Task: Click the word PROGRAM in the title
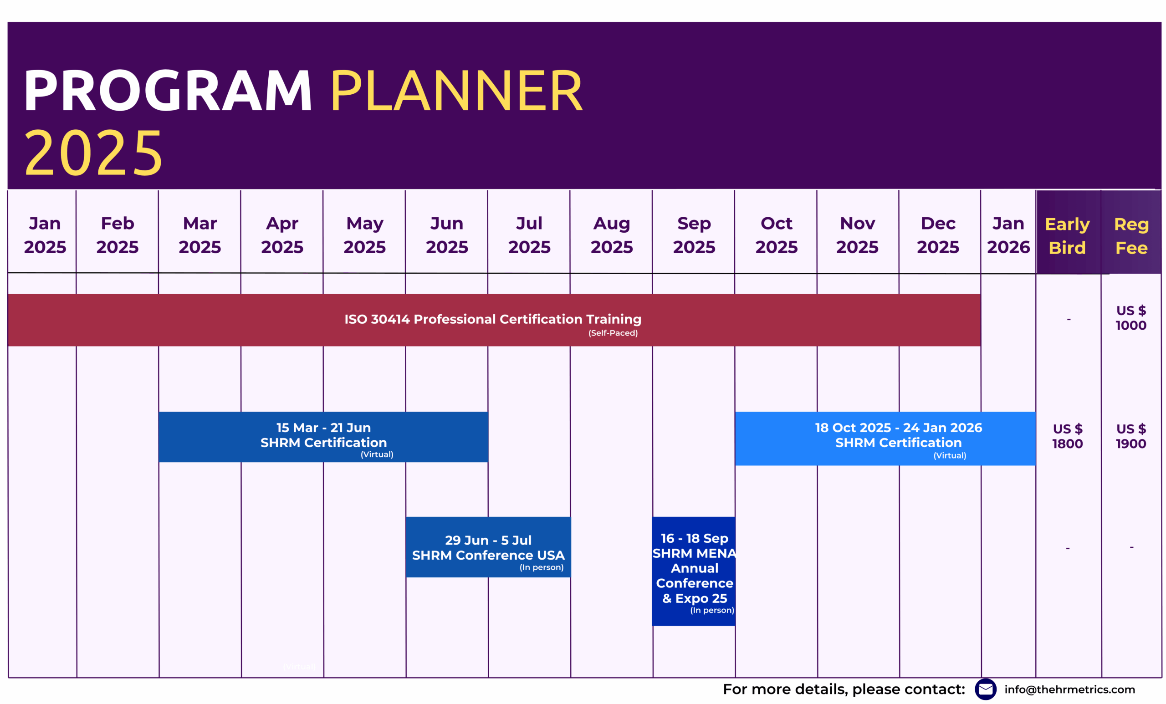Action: (x=168, y=90)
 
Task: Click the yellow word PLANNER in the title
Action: (x=456, y=90)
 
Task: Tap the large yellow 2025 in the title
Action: (x=93, y=153)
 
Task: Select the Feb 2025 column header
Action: (x=118, y=235)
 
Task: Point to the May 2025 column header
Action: (x=364, y=235)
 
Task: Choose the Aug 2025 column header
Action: (x=611, y=235)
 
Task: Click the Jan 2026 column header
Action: (x=1008, y=235)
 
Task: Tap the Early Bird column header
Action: (x=1067, y=235)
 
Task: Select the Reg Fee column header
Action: (x=1131, y=235)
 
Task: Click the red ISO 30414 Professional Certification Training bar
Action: (x=494, y=320)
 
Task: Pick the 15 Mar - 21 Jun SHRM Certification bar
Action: (x=323, y=437)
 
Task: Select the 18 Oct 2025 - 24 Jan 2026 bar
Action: (x=885, y=438)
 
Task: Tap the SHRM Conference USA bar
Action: (x=488, y=547)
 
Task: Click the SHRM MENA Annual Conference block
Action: (x=694, y=571)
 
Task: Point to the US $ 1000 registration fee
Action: (x=1131, y=318)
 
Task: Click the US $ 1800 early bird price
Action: (x=1068, y=436)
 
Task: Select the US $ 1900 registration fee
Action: (x=1131, y=436)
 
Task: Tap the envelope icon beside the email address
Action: (x=986, y=689)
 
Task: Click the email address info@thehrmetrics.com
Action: (x=1069, y=689)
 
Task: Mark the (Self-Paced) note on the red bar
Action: (x=613, y=333)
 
